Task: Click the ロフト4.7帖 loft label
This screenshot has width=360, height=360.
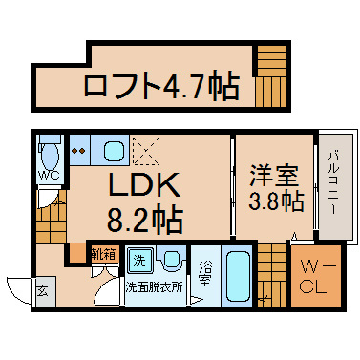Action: tap(161, 88)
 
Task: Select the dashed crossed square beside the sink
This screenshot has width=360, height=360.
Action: tap(146, 151)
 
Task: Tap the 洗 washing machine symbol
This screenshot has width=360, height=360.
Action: tap(139, 260)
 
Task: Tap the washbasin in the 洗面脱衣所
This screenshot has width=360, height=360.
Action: tap(171, 260)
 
